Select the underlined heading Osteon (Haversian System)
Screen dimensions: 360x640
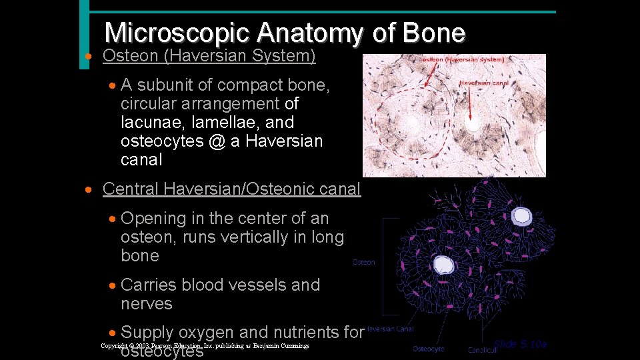(x=209, y=56)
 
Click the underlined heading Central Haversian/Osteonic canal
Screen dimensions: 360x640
(x=231, y=189)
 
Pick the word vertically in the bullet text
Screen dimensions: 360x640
(x=263, y=237)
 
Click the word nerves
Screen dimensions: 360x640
(x=147, y=304)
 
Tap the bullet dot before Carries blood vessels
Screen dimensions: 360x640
(x=113, y=285)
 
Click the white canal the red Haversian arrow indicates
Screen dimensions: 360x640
(x=473, y=124)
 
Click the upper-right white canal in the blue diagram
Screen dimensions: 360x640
(x=521, y=215)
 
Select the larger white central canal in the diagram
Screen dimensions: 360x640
(x=443, y=265)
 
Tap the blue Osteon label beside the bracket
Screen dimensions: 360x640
(x=363, y=262)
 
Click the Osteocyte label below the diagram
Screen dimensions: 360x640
(x=428, y=349)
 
